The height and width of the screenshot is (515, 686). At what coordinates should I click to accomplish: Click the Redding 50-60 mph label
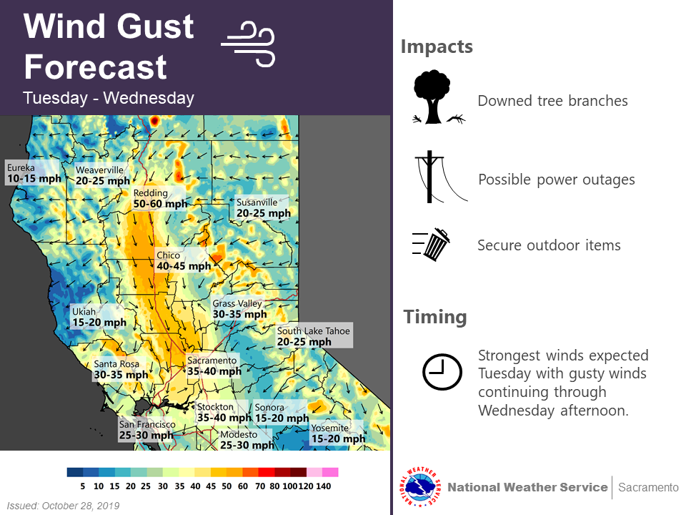coord(160,198)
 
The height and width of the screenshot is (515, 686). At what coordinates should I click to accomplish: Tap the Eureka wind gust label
coord(34,173)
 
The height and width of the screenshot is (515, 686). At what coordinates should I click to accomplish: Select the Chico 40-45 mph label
coord(184,260)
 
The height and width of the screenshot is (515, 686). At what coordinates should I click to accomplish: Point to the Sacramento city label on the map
coord(214,366)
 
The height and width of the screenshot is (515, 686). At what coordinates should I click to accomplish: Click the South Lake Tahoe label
coord(314,336)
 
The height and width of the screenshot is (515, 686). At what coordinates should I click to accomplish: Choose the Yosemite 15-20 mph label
coord(338,433)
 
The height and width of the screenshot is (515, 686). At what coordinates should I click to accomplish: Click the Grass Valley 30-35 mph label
coord(239,309)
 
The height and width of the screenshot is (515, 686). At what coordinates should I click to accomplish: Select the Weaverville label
coord(102,175)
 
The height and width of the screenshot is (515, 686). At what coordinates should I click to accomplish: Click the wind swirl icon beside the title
coord(248,44)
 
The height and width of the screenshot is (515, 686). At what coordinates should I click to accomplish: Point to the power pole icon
coord(441,177)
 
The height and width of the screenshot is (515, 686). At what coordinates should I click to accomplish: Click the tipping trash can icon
coord(432,245)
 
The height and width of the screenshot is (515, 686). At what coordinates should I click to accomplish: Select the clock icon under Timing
coord(442,372)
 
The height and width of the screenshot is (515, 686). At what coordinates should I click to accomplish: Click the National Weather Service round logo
coord(419,486)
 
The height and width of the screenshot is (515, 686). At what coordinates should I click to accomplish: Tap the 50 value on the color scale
coord(227,486)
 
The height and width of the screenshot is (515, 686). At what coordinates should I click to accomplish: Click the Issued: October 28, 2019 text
coord(63,506)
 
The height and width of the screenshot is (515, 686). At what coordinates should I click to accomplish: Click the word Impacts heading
coord(437,46)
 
